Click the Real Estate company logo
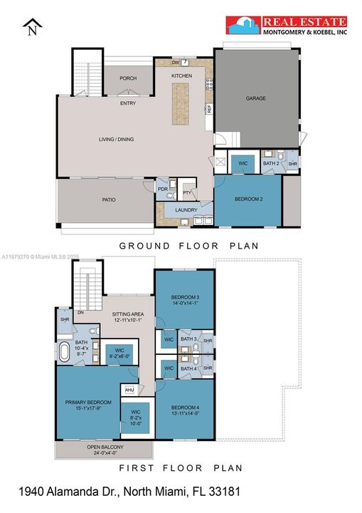[287, 26]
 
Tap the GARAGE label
[255, 98]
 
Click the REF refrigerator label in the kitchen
[209, 109]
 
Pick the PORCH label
[128, 78]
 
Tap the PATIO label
[108, 199]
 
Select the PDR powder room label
[162, 189]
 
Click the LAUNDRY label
[186, 209]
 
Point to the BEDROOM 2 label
[248, 199]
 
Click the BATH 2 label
[270, 163]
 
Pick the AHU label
[129, 390]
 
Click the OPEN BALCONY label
[105, 448]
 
